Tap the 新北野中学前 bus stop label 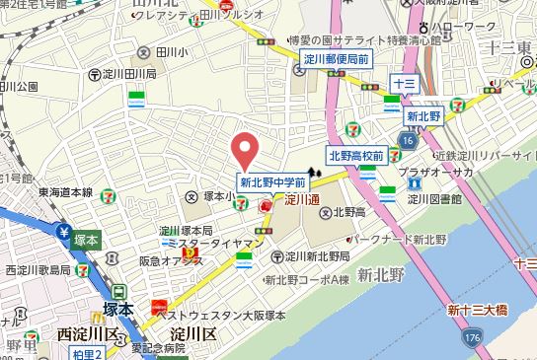coord(273,182)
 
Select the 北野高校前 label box coord(356,156)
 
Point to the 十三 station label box coord(403,85)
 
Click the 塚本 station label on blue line coord(86,240)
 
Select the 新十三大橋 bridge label coord(476,312)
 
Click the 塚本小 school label coord(215,197)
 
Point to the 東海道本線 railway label coord(65,193)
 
